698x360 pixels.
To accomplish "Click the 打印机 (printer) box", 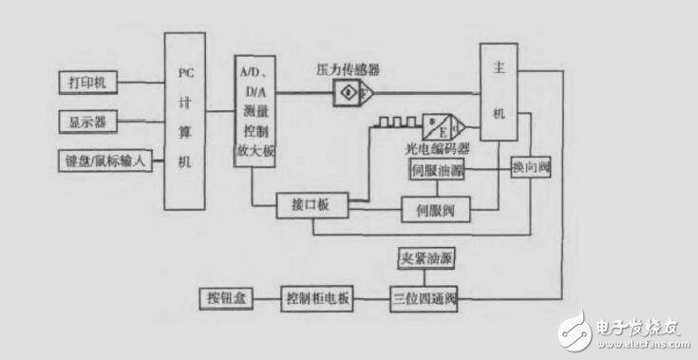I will (x=87, y=84).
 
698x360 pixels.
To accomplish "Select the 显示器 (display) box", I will (x=87, y=123).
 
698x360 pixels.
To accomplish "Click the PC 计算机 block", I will (x=185, y=121).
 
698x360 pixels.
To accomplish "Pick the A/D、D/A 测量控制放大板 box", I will (x=254, y=112).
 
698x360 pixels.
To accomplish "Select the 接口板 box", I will (x=311, y=204).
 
